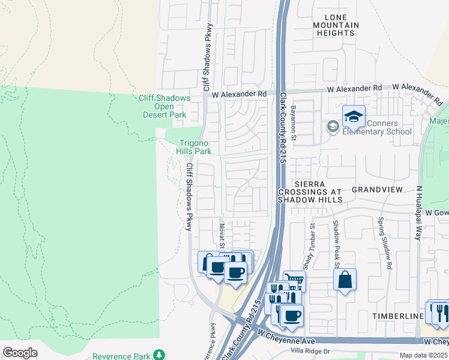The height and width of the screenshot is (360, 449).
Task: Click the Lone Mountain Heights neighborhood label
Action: [x=336, y=25]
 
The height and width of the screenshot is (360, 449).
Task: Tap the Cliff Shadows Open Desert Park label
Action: [x=164, y=106]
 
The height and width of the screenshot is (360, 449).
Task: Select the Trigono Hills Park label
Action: [x=194, y=147]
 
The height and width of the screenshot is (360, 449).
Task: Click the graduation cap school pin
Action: [x=354, y=116]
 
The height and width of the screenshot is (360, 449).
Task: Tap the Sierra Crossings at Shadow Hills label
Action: [x=309, y=191]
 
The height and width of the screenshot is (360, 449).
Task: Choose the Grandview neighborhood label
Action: [x=377, y=189]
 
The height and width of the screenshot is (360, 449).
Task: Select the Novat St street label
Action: [x=221, y=234]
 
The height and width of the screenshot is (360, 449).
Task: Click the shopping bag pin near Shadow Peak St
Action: [x=345, y=280]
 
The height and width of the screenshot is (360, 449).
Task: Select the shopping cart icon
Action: [x=294, y=280]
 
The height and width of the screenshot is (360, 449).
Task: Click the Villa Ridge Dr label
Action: [x=310, y=351]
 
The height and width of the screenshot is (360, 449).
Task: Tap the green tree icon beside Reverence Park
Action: [x=158, y=356]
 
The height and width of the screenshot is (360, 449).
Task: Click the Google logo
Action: [x=20, y=353]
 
